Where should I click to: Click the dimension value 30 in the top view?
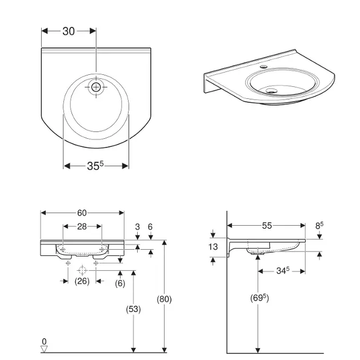(x=69, y=31)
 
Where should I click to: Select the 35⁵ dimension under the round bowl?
(x=95, y=166)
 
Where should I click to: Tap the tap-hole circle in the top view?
(x=96, y=87)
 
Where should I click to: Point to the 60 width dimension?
(x=82, y=213)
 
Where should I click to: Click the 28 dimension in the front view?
(x=82, y=227)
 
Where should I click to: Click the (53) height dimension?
(x=133, y=309)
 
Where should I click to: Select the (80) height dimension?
(x=165, y=298)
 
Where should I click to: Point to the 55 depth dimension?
(x=267, y=226)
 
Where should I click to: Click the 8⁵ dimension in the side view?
(x=320, y=226)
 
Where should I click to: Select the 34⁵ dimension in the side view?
(x=280, y=272)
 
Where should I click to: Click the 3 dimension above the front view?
(x=138, y=227)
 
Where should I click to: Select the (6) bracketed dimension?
(x=120, y=283)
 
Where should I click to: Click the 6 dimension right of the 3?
(x=150, y=227)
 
